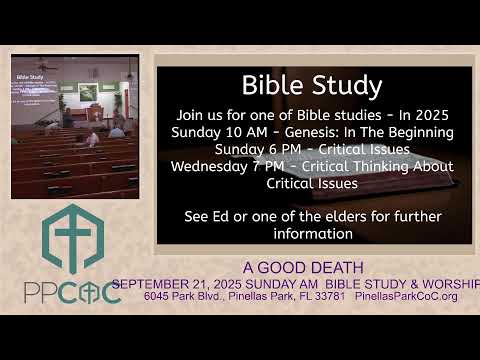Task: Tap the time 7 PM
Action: (x=285, y=166)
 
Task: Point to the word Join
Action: (x=206, y=116)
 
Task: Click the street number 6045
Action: (x=158, y=296)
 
